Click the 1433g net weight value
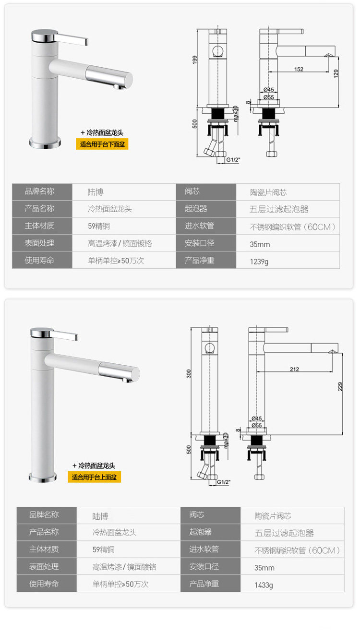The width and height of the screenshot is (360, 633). pyautogui.click(x=264, y=585)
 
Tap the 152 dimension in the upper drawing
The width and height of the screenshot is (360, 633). pyautogui.click(x=299, y=70)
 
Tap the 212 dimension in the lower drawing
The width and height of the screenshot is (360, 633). pyautogui.click(x=294, y=369)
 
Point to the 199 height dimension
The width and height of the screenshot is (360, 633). pyautogui.click(x=195, y=60)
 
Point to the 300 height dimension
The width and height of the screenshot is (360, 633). pyautogui.click(x=189, y=373)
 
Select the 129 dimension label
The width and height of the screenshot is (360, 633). pyautogui.click(x=336, y=73)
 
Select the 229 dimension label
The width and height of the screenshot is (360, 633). pyautogui.click(x=340, y=386)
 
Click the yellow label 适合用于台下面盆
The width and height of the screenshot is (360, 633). pyautogui.click(x=102, y=144)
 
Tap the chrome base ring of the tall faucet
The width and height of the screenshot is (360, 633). pyautogui.click(x=42, y=477)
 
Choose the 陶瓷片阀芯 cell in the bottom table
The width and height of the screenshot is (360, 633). pyautogui.click(x=273, y=516)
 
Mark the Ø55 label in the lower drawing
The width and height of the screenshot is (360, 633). pyautogui.click(x=256, y=425)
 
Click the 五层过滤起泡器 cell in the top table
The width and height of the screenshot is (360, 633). pyautogui.click(x=279, y=209)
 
